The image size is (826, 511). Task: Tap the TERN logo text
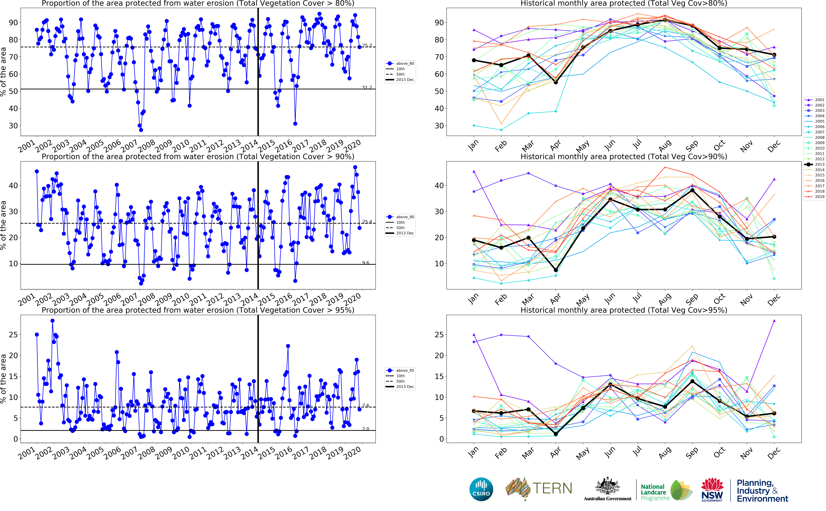552,489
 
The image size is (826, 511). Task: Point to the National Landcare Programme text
655,492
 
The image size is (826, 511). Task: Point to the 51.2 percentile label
367,88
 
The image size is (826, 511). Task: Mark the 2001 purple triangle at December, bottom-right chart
774,321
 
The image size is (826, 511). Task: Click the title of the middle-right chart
624,156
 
